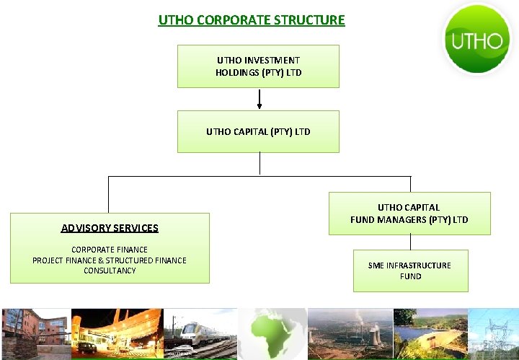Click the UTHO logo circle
click(x=476, y=39)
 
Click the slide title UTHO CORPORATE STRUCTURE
click(x=252, y=19)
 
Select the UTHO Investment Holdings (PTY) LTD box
click(x=258, y=66)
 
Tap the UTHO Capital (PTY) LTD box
click(x=258, y=131)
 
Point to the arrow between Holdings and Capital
click(x=259, y=100)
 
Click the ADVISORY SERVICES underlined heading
click(x=110, y=228)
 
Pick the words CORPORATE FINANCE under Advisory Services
click(x=110, y=250)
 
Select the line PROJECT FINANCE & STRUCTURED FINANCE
click(x=110, y=260)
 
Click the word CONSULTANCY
click(x=110, y=271)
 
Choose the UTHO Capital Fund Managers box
click(x=409, y=214)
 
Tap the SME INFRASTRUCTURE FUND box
click(x=410, y=271)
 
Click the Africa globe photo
click(x=272, y=333)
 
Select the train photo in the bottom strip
click(x=200, y=333)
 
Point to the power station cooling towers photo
click(x=350, y=333)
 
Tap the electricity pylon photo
click(x=494, y=333)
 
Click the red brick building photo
click(x=36, y=333)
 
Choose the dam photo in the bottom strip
click(x=430, y=333)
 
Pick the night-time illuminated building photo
click(x=117, y=333)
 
